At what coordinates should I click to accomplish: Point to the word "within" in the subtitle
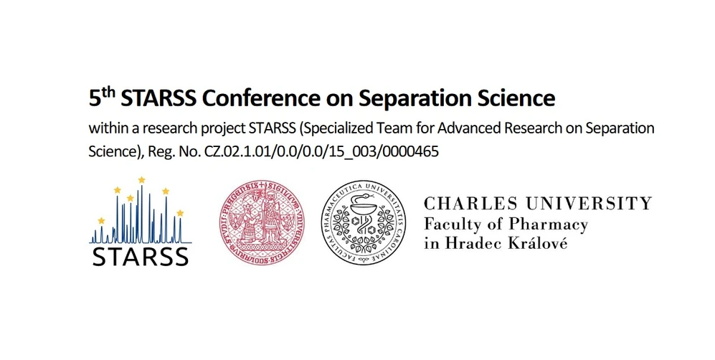106,129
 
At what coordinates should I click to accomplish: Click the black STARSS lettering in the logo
141,255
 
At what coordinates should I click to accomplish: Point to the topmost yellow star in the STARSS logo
141,179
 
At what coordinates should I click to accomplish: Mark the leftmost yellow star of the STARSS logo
101,220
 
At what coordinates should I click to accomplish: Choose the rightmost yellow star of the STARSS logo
180,213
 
